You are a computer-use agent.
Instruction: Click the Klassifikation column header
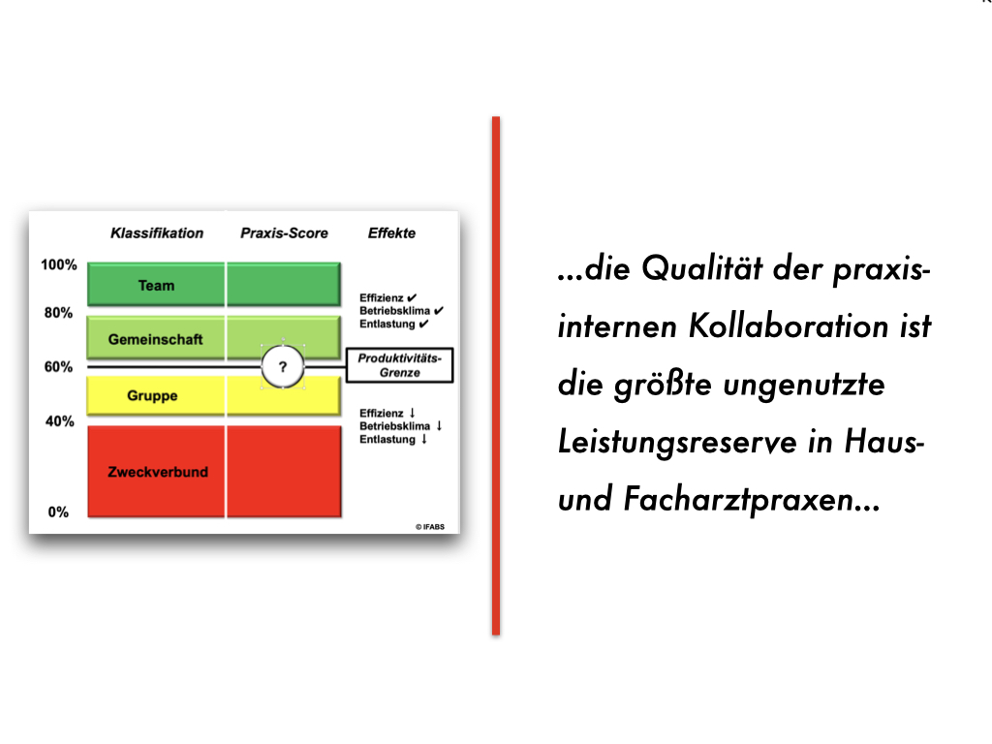click(x=157, y=233)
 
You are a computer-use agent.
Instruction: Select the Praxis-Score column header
click(x=284, y=233)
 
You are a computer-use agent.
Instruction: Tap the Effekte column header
click(x=391, y=233)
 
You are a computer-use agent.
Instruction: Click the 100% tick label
click(x=58, y=264)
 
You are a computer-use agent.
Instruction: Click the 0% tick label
click(x=58, y=512)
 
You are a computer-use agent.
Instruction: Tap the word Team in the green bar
click(x=156, y=286)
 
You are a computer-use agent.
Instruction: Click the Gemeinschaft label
click(x=156, y=340)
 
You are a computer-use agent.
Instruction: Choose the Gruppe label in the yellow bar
click(x=152, y=396)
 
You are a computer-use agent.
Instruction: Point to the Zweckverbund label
click(x=158, y=472)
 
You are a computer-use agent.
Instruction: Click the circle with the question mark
click(x=283, y=367)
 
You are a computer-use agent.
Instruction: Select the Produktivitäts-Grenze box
click(x=399, y=365)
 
